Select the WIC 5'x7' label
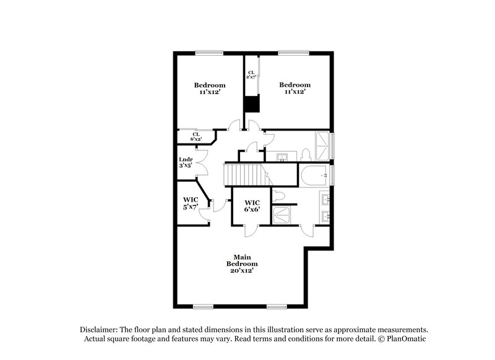click(190, 203)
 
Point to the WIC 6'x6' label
click(252, 207)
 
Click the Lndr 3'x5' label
click(186, 163)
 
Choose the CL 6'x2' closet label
click(196, 137)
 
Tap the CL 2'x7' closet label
click(251, 75)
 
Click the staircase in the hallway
click(243, 174)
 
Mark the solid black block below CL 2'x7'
click(251, 104)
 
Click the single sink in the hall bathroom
click(282, 157)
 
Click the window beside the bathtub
click(332, 175)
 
